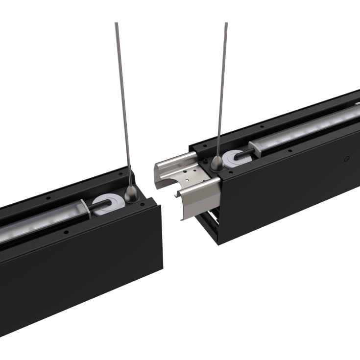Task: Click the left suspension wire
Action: click(x=123, y=98)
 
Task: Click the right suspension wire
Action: click(x=222, y=88)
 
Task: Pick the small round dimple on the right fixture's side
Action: click(x=347, y=159)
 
